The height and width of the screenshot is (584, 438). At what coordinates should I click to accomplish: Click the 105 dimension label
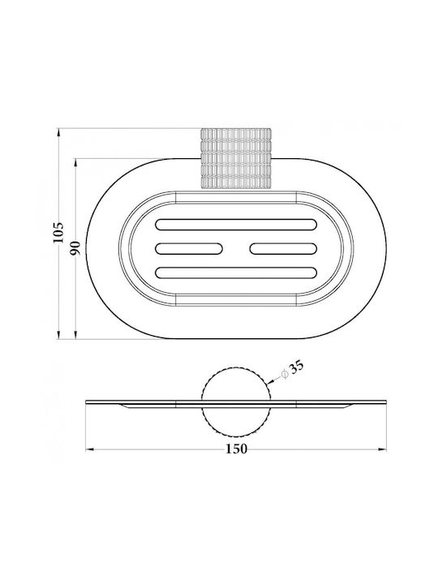coord(58,233)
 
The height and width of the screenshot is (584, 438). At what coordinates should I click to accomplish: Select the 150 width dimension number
coord(237,449)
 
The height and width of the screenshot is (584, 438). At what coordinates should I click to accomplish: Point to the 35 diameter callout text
coord(297,367)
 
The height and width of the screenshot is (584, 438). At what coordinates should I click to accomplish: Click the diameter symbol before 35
coord(285,374)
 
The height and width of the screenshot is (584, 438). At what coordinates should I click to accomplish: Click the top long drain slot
coord(236,225)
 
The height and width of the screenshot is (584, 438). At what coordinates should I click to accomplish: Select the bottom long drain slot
coord(236,273)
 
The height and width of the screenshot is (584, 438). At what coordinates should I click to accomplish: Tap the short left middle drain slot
coord(189,248)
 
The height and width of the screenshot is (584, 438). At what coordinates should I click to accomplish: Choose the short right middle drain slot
coord(283,248)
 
